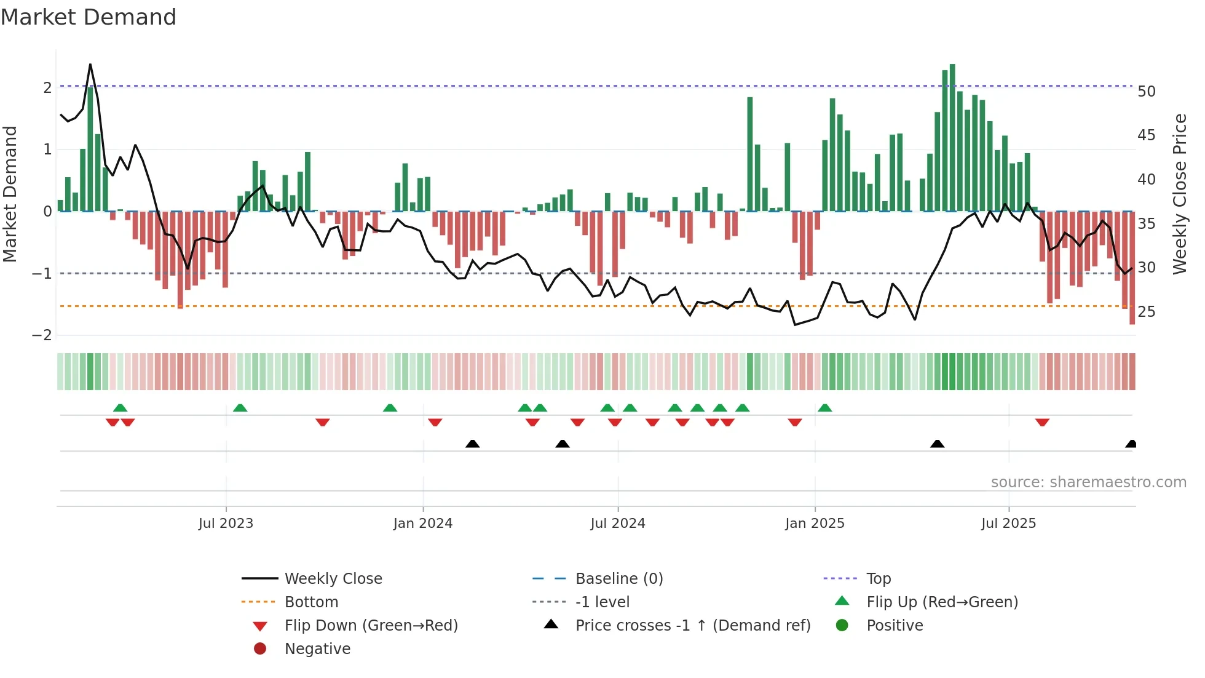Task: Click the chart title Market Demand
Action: (89, 17)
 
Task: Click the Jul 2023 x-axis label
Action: (226, 524)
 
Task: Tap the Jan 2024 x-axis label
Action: (423, 524)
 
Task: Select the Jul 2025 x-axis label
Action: (1008, 524)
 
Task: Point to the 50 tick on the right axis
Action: (1147, 92)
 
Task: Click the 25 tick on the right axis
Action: (1147, 312)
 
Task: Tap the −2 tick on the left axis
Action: (42, 335)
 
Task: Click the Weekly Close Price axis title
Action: (1179, 194)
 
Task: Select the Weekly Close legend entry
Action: (333, 579)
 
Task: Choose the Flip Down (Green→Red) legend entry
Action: (371, 626)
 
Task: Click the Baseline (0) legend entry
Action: (618, 579)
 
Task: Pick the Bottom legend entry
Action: (311, 602)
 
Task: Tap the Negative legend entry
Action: (317, 649)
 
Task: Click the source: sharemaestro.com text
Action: (1088, 482)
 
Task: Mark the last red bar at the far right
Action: (1132, 268)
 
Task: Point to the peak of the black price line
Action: (90, 65)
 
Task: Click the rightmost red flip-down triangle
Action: (1042, 422)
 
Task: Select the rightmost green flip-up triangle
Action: (825, 408)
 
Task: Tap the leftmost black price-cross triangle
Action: (472, 444)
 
